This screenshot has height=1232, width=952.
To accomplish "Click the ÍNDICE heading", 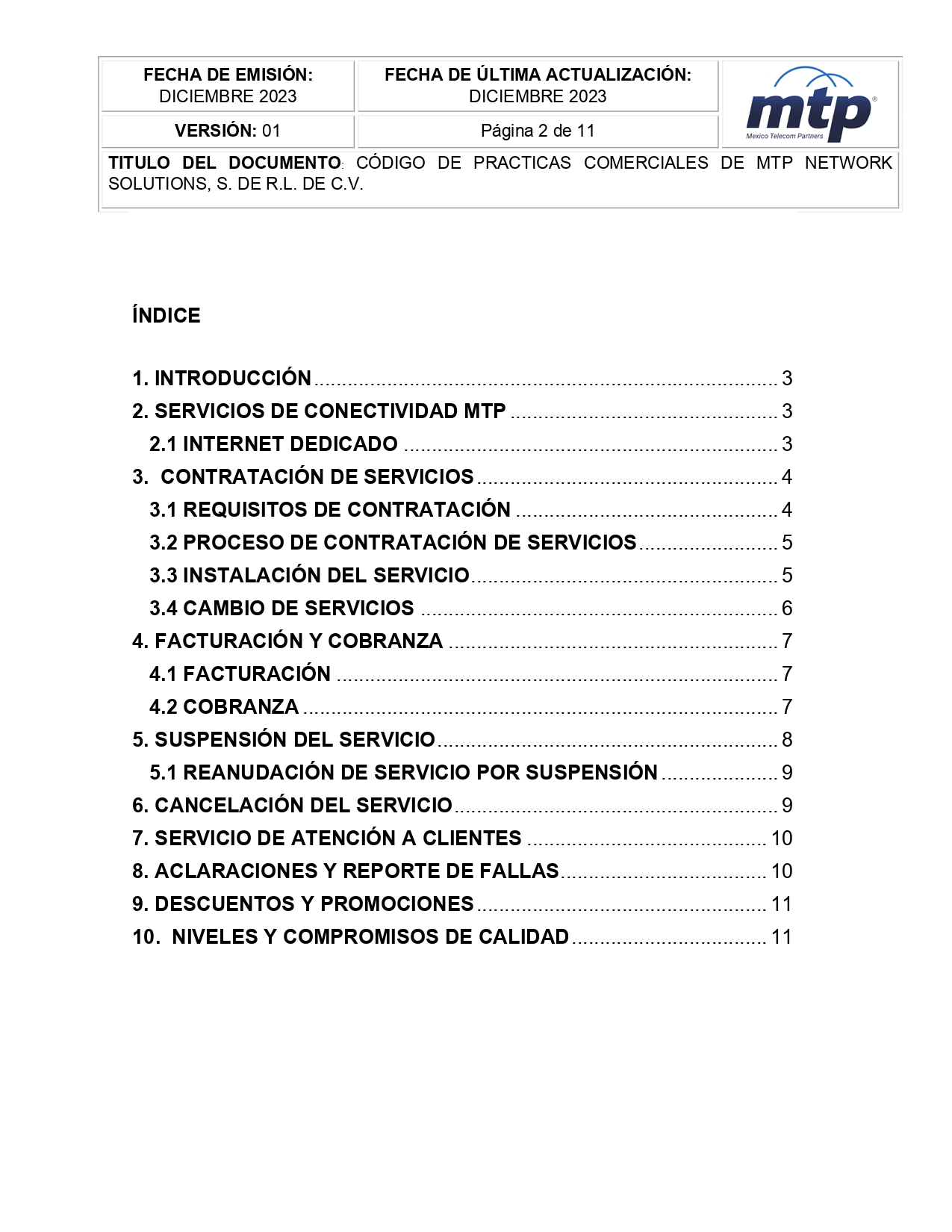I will click(x=166, y=316).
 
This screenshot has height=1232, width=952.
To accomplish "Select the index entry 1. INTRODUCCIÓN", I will click(x=222, y=379).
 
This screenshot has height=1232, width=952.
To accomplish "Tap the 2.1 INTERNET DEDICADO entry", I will click(x=273, y=444).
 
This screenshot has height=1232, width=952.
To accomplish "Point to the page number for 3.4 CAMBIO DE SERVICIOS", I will click(x=787, y=609).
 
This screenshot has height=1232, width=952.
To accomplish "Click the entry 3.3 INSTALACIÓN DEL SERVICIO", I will click(x=309, y=576).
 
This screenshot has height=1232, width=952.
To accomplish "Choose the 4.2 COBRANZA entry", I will click(x=224, y=707).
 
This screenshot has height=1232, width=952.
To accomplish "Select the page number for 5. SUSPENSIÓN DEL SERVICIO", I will click(x=787, y=740).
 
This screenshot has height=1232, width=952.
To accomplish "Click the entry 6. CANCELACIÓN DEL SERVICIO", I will click(x=293, y=806).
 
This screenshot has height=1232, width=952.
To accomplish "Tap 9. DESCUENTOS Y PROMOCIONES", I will click(x=303, y=904).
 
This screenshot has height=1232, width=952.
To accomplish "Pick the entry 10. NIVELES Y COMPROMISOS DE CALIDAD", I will click(x=351, y=937).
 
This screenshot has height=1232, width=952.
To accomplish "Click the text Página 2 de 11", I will click(x=538, y=131).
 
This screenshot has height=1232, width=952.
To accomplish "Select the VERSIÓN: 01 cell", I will click(x=228, y=131).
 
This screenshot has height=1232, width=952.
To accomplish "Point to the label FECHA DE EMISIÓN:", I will click(x=228, y=75).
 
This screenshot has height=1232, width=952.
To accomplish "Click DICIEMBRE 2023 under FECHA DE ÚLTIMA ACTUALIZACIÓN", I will click(x=538, y=96).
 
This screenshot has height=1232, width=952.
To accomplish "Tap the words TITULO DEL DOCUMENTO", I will click(x=225, y=163).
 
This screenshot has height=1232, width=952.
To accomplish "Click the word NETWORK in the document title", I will click(x=848, y=163).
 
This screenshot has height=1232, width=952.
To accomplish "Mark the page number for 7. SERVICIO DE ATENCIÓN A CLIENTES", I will click(x=782, y=839).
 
